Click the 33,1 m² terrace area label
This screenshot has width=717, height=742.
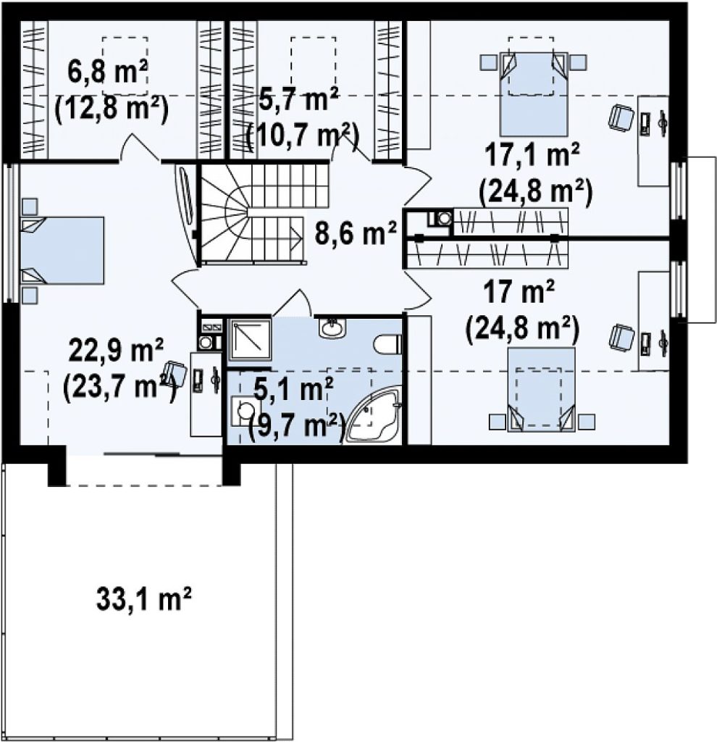coord(143,599)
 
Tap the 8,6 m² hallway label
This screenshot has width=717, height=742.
coord(355,234)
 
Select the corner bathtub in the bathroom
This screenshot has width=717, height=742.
coord(374,414)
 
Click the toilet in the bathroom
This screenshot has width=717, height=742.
coord(387,344)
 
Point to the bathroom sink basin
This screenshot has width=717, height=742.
coord(332,328)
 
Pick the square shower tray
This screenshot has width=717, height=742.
coord(249,341)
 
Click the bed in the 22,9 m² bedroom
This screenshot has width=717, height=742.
coord(62,250)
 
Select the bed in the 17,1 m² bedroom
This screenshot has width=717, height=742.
coord(534,93)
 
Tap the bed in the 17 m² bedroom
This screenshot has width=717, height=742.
coord(542,389)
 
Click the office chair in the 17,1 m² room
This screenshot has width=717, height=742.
coord(621,117)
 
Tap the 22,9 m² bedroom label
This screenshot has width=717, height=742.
coord(117,350)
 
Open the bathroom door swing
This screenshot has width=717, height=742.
coord(292,303)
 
